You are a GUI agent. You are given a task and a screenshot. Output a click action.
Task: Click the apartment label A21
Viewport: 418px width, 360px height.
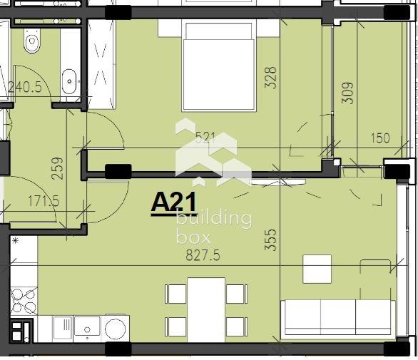point(173,202)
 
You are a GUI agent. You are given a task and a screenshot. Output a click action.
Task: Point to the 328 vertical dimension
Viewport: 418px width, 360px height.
point(270,77)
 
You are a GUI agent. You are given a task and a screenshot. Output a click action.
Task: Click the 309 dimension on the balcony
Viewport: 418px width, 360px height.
point(347,93)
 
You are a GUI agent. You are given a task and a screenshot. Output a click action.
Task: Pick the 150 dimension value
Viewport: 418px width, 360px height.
point(380,138)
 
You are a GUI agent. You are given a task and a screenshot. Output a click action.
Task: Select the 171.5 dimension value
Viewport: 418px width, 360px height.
point(44,202)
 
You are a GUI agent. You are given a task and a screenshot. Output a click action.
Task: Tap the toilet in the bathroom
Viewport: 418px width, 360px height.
point(31,43)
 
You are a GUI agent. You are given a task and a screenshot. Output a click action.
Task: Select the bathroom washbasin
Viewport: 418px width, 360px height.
point(70,81)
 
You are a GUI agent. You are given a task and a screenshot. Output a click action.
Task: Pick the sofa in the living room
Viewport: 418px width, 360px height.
point(338,318)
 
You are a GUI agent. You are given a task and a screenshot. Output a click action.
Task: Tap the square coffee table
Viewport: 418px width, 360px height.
point(317,269)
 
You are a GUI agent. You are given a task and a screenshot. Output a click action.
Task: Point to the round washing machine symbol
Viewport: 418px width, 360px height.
point(116,329)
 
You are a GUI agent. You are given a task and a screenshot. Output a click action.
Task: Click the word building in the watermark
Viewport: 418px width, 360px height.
point(213,219)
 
